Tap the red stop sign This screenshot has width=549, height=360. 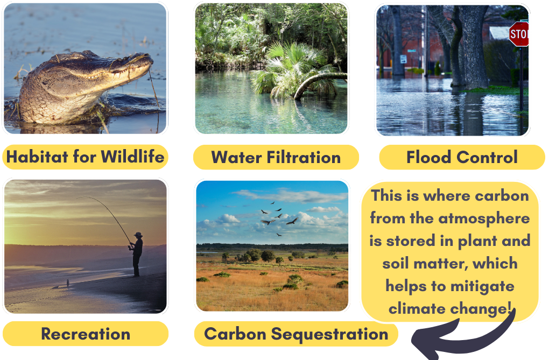pyautogui.click(x=519, y=35)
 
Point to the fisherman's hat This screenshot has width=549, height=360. pyautogui.click(x=138, y=235)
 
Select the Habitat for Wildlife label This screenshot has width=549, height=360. pyautogui.click(x=85, y=157)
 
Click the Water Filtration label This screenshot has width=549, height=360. pyautogui.click(x=276, y=157)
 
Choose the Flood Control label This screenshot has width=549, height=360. pyautogui.click(x=462, y=157)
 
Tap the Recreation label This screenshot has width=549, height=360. pyautogui.click(x=85, y=334)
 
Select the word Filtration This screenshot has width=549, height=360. pyautogui.click(x=304, y=157)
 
